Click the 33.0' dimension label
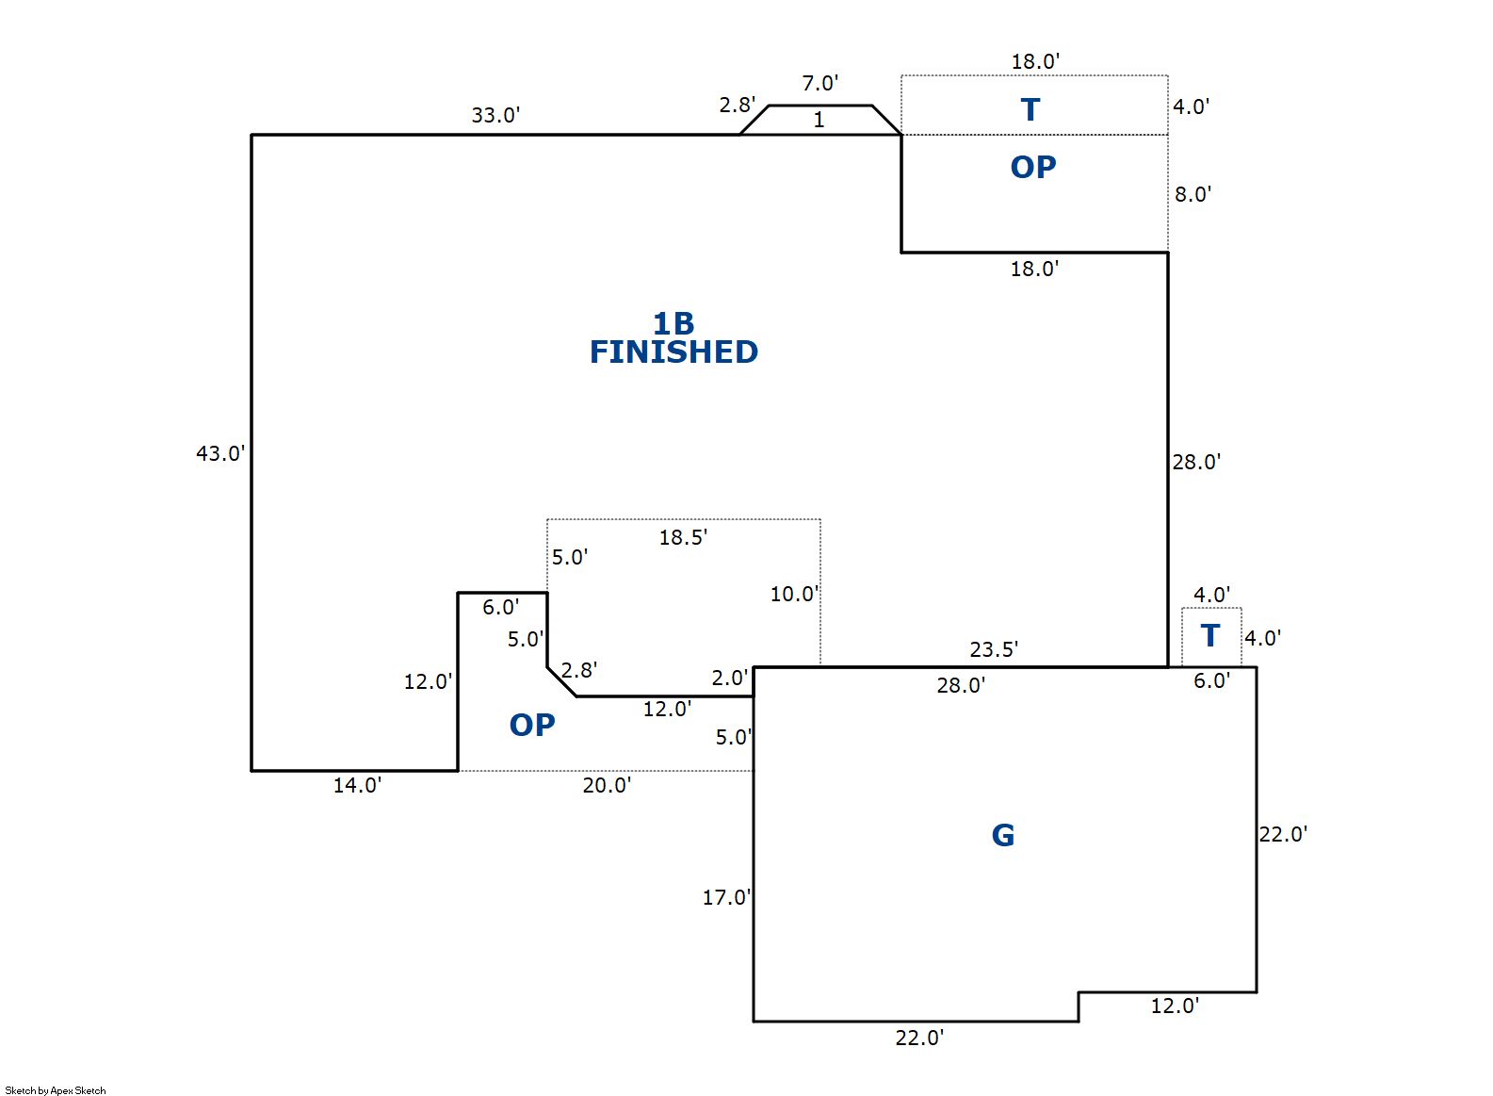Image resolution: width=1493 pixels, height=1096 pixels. click(495, 115)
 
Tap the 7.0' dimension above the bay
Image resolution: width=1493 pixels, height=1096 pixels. click(820, 83)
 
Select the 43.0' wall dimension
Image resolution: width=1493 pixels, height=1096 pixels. click(219, 453)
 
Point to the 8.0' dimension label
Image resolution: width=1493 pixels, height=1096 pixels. click(1192, 194)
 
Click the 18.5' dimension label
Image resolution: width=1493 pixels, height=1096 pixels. click(683, 537)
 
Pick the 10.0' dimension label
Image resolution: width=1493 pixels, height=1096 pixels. click(794, 594)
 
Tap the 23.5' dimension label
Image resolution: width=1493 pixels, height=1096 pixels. click(994, 649)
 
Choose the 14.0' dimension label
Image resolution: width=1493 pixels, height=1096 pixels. click(357, 785)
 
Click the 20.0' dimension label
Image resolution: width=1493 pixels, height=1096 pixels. click(607, 785)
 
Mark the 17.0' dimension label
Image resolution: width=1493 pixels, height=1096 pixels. click(726, 897)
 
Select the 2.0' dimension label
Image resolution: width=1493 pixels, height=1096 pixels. click(729, 678)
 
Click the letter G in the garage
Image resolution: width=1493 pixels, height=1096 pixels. click(1003, 835)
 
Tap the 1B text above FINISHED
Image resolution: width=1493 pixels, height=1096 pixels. click(673, 323)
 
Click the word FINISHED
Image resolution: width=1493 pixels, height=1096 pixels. click(673, 352)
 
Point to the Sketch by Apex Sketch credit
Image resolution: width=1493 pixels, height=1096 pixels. click(56, 1090)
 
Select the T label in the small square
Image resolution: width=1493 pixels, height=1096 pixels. click(1210, 636)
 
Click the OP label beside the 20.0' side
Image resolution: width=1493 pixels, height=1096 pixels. click(532, 725)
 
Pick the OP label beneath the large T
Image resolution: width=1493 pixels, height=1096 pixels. click(1033, 167)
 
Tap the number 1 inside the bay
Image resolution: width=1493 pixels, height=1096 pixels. click(819, 120)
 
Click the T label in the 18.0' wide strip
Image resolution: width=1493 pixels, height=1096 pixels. click(1030, 109)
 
